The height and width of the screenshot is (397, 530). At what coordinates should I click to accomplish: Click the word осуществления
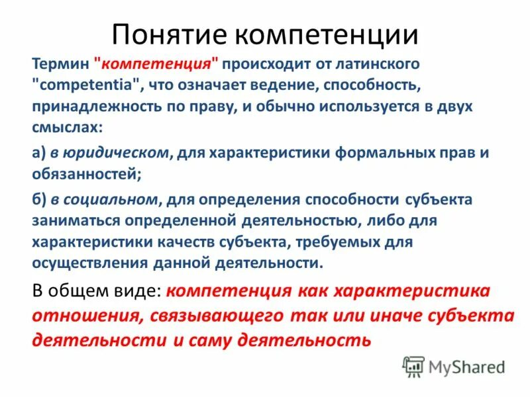coord(83,263)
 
